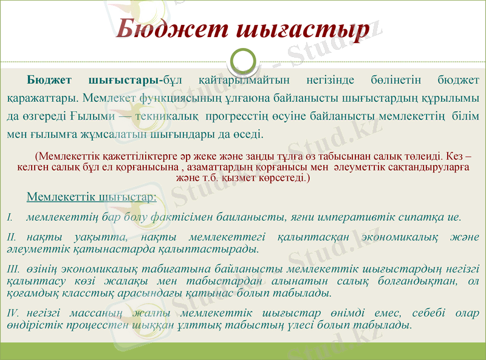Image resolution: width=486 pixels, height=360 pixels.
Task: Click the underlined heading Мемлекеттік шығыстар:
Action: [91, 197]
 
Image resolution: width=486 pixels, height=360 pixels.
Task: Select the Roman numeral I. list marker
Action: [10, 217]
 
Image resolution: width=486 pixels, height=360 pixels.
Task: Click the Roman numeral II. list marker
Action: [12, 236]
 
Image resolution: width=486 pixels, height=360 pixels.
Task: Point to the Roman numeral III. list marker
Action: [13, 268]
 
